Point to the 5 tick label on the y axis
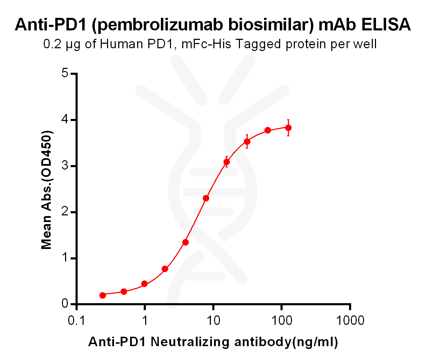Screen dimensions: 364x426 [65, 73]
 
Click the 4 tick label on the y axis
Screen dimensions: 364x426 [65, 120]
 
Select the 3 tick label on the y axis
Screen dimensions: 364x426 [65, 166]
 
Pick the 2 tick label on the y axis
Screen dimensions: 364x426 [65, 212]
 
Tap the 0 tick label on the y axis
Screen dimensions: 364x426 [65, 304]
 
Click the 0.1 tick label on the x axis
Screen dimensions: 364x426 [76, 320]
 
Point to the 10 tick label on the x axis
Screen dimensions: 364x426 [213, 320]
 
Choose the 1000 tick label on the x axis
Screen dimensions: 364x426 [350, 320]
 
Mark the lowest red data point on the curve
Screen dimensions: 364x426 [102, 295]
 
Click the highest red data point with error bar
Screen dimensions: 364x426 [288, 128]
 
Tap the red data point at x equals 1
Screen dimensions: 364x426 [144, 284]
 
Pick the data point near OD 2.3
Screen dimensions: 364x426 [206, 198]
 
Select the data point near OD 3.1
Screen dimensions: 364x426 [227, 162]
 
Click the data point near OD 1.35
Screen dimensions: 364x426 [186, 242]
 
